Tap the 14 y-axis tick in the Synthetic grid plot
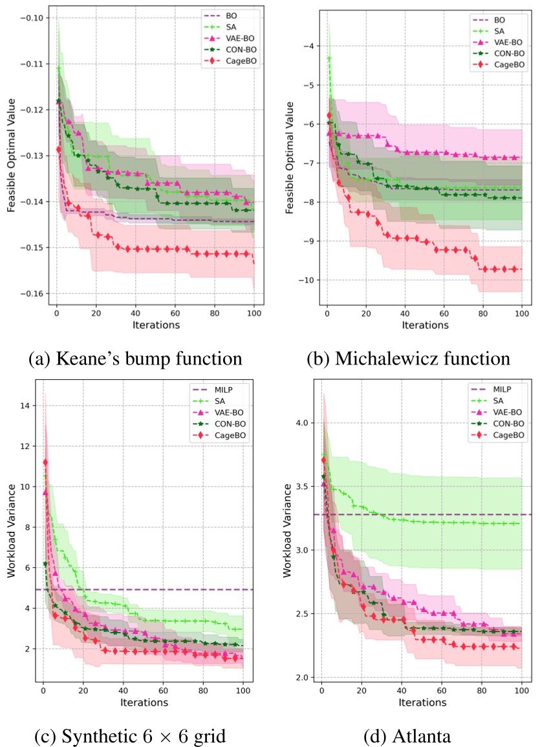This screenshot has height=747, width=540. pyautogui.click(x=27, y=406)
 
